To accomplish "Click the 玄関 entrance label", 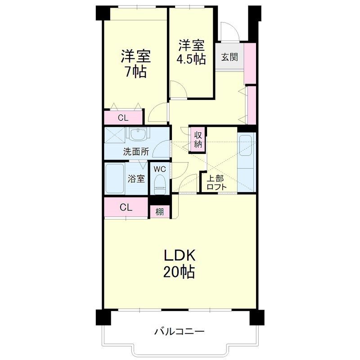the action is coord(229,57).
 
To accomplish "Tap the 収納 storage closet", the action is coord(198,139).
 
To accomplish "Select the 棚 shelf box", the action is coord(160,211).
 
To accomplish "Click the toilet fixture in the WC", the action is coord(160,184).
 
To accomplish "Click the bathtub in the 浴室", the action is coord(115,178).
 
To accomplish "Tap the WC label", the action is coord(160,169).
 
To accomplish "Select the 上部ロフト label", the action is coord(216,183).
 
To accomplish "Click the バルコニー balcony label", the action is coord(179,331).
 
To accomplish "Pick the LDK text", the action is coord(180,255).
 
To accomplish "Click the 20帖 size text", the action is coord(179,272).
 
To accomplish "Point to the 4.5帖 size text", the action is coord(191,59).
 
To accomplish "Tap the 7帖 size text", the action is coord(135,72).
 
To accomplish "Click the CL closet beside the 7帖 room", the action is coord(123,118).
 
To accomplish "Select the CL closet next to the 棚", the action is coord(126,207).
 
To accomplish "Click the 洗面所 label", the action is coord(136,152).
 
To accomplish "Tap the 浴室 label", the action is coord(136,179).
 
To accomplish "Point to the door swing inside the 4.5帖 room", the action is coord(179,90).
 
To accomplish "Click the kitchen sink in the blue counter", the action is coord(246,145).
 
